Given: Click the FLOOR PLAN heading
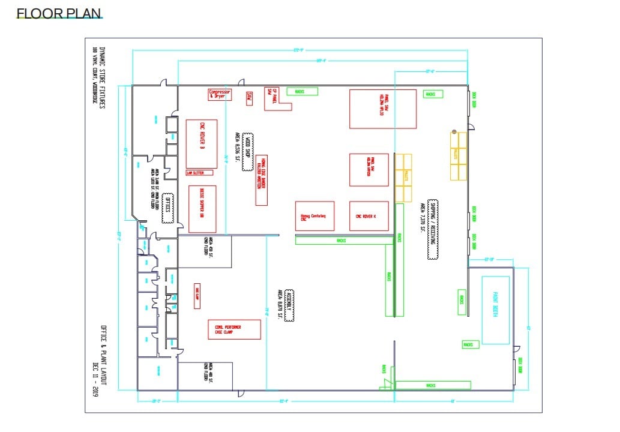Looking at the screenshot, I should [59, 13].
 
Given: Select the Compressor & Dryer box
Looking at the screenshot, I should [219, 94].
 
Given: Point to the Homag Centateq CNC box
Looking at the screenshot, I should [314, 216].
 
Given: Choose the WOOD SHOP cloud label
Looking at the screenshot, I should [247, 152].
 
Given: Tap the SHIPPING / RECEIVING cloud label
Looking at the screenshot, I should [432, 229].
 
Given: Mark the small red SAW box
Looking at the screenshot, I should [249, 98].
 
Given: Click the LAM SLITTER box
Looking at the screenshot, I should [199, 173].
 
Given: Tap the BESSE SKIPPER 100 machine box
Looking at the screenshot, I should [202, 209].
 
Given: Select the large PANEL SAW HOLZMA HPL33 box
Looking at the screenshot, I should [382, 109].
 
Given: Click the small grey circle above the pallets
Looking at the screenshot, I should [454, 131].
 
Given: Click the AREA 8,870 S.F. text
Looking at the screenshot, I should [280, 303].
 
